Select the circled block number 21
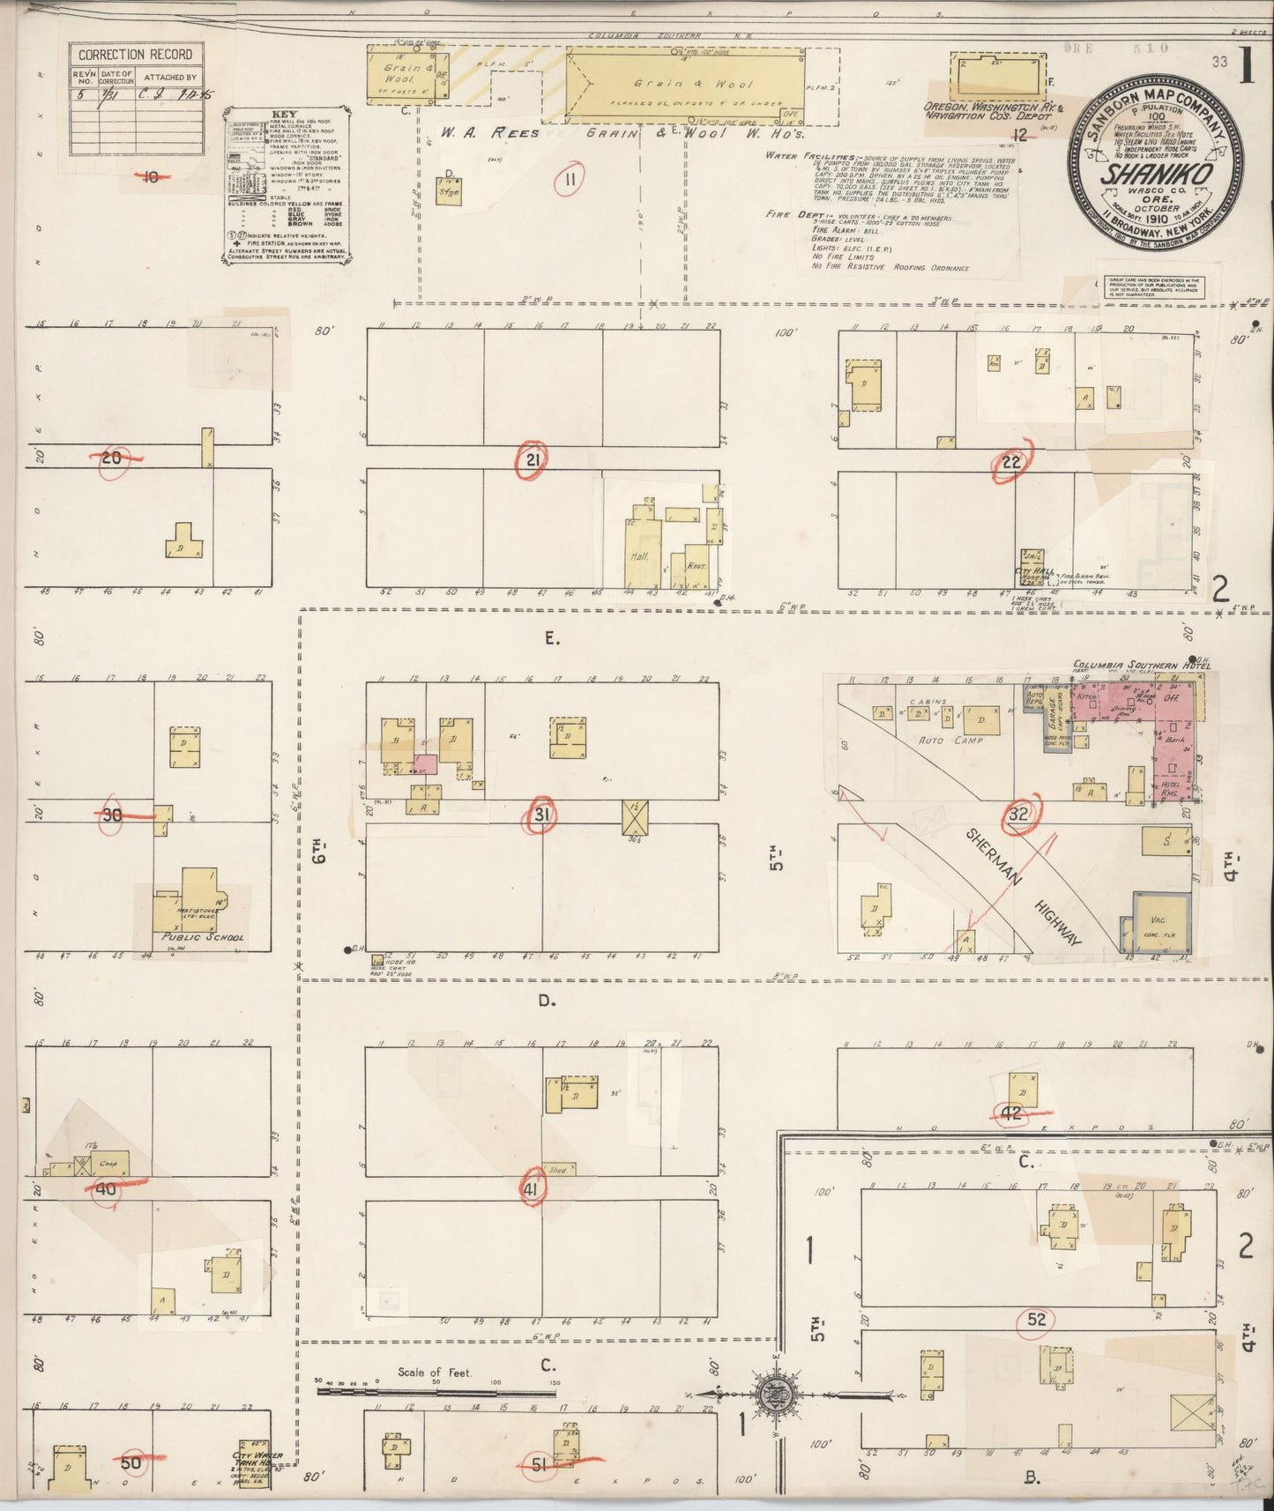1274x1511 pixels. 533,458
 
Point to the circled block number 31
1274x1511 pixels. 541,815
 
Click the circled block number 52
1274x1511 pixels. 1036,1320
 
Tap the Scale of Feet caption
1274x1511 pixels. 435,1372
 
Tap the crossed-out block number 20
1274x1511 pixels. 112,457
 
